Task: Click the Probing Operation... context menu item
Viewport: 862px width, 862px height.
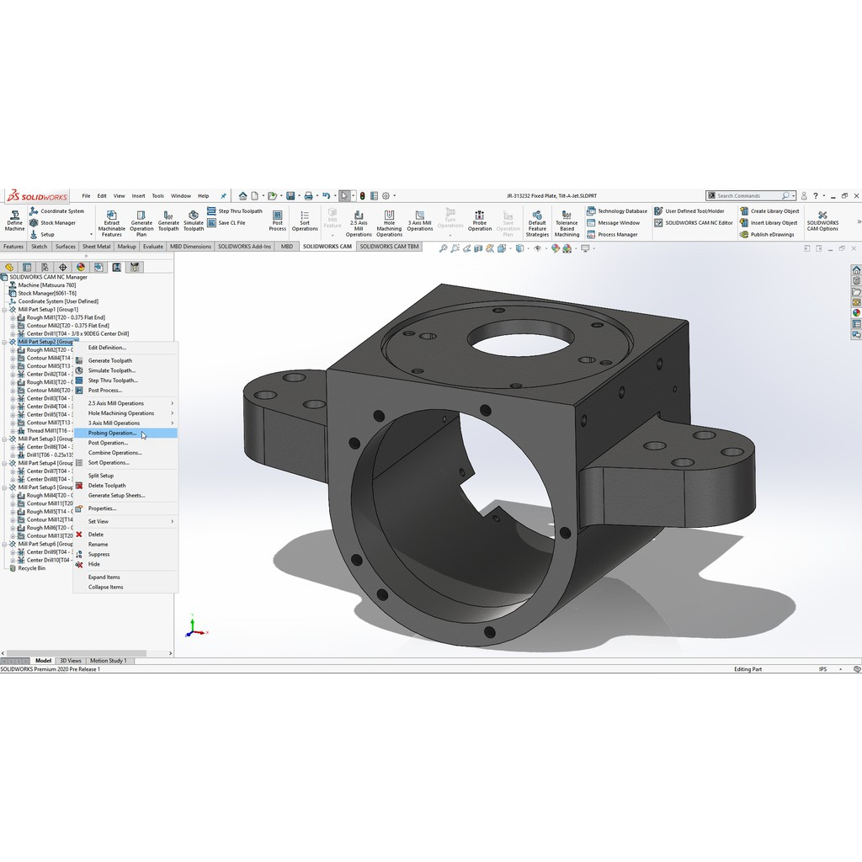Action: click(x=112, y=433)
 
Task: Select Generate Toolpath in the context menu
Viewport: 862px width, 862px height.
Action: click(x=110, y=360)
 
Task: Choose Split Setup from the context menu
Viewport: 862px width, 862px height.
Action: click(x=101, y=476)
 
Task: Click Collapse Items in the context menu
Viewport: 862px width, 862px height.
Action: click(x=105, y=587)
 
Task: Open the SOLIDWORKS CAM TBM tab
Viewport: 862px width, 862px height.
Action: click(x=389, y=247)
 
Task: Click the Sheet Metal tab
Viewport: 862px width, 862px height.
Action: click(x=96, y=247)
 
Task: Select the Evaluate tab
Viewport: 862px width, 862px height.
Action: click(x=152, y=247)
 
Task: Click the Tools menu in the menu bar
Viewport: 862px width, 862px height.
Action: click(x=157, y=195)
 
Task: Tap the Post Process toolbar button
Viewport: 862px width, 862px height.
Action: click(x=278, y=221)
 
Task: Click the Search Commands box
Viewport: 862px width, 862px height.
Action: click(x=748, y=195)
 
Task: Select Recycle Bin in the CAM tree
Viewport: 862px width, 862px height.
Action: click(x=31, y=568)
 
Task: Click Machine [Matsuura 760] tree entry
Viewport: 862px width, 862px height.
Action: click(x=46, y=285)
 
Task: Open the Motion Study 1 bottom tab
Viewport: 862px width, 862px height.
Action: click(x=108, y=661)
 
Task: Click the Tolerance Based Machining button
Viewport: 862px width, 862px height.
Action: click(x=567, y=222)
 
